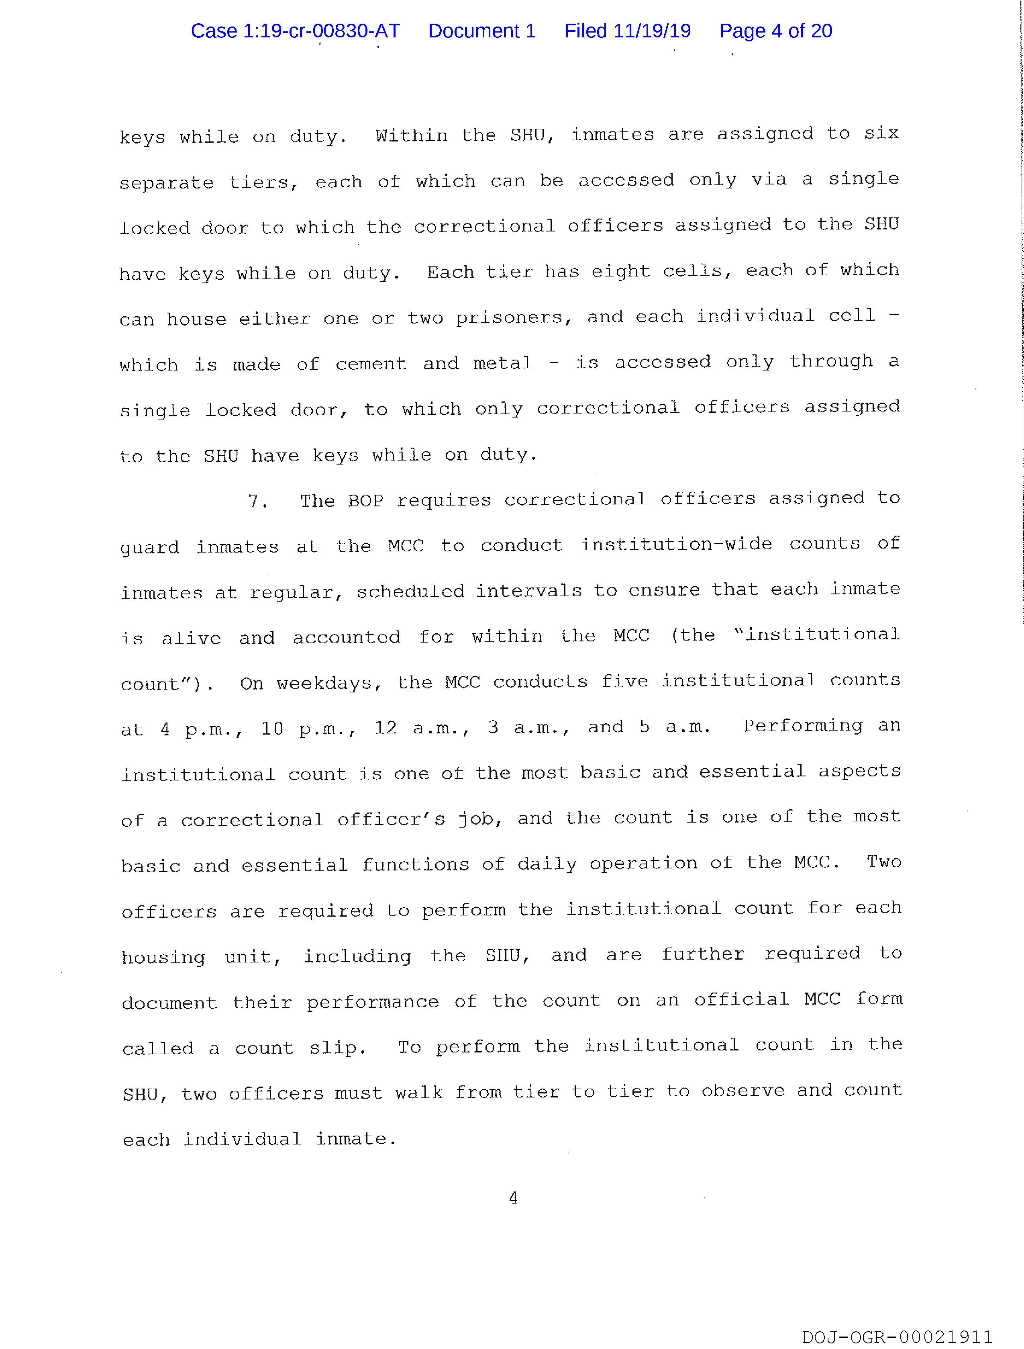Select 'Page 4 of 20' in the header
tap(775, 31)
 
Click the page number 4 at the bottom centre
tap(513, 1198)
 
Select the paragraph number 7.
tap(257, 501)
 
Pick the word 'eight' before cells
tap(620, 271)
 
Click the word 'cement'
tap(371, 364)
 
